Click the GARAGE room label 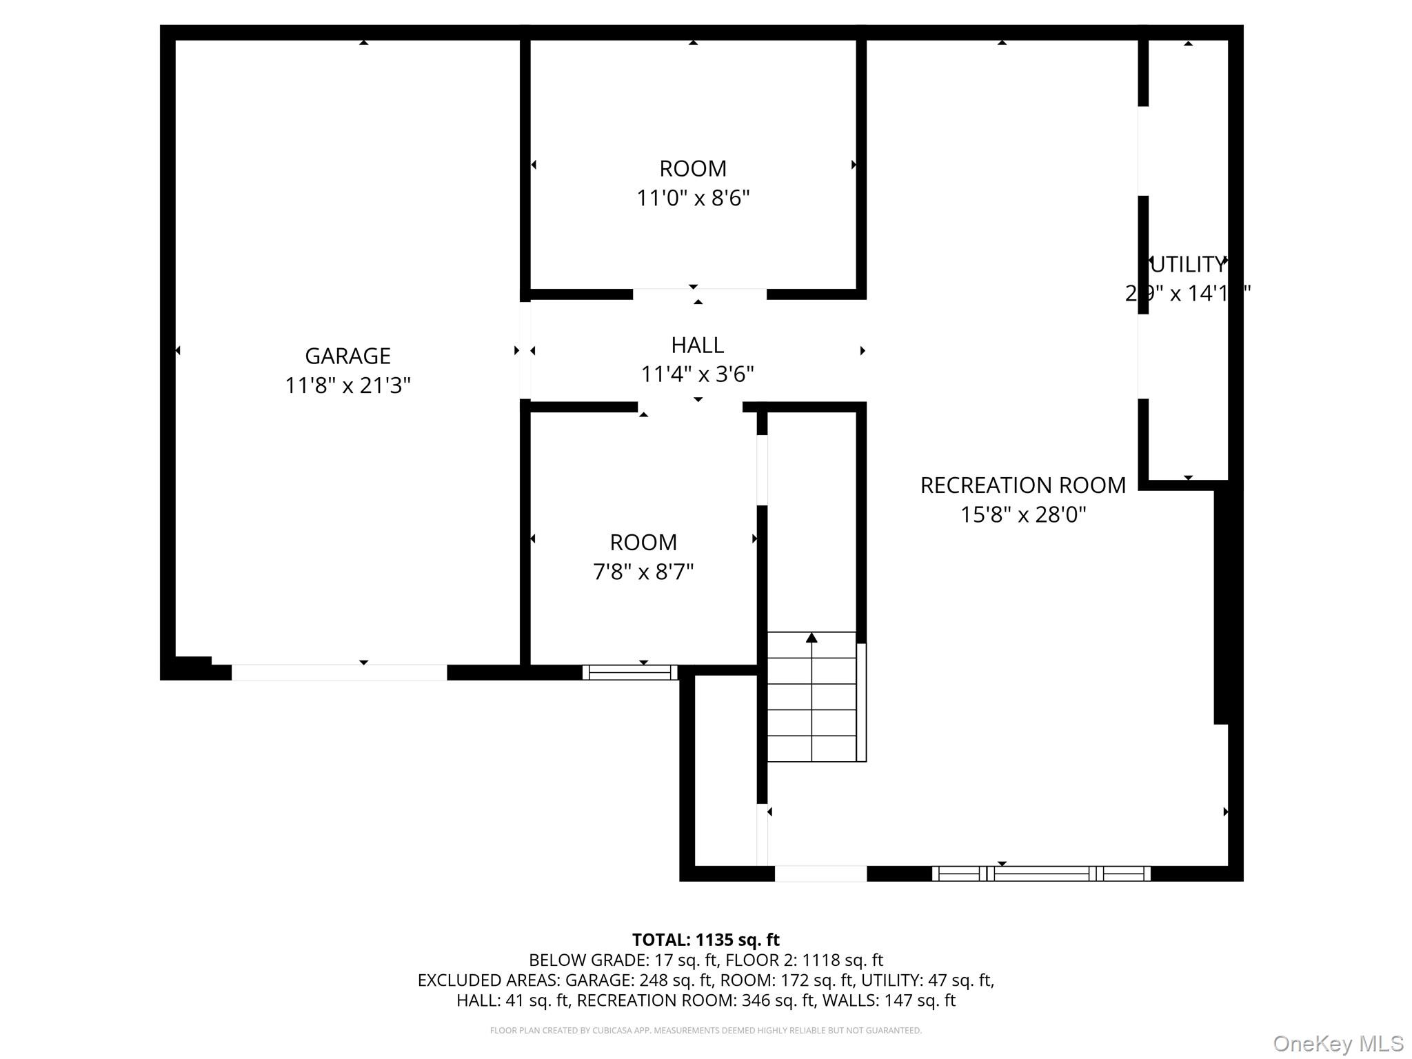click(x=347, y=356)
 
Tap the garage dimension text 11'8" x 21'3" click(x=347, y=385)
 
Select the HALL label click(x=697, y=345)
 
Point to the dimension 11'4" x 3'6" click(x=697, y=374)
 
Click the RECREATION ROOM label click(x=1022, y=485)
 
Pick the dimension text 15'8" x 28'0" click(x=1022, y=515)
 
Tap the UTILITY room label click(x=1187, y=265)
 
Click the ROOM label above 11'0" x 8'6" click(x=693, y=169)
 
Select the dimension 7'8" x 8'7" click(x=643, y=572)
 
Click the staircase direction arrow click(x=811, y=638)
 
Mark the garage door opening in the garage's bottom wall click(x=339, y=672)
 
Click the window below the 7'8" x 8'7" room click(x=630, y=672)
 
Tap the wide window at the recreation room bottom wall click(x=1041, y=874)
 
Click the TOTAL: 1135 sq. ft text click(x=705, y=940)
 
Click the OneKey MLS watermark click(x=1338, y=1043)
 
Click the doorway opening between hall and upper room click(x=699, y=294)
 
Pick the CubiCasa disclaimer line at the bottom click(x=705, y=1030)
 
